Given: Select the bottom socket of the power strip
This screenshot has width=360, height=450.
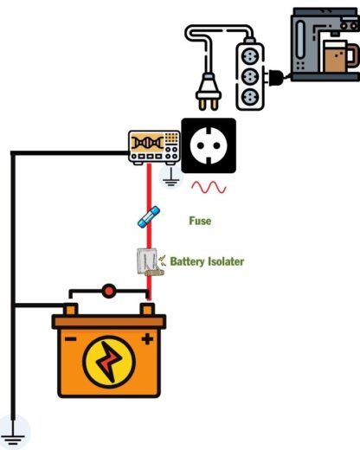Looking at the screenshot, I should (248, 97).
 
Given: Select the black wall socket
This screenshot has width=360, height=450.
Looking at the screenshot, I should (208, 145).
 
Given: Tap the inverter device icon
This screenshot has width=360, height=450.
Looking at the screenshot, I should (153, 147).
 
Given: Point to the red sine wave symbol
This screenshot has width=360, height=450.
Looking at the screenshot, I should (209, 187).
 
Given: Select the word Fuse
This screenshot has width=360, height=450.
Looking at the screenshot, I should (200, 222).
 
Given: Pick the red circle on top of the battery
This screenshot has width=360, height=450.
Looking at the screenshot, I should (109, 292).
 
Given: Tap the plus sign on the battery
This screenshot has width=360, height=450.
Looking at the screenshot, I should (147, 338).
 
